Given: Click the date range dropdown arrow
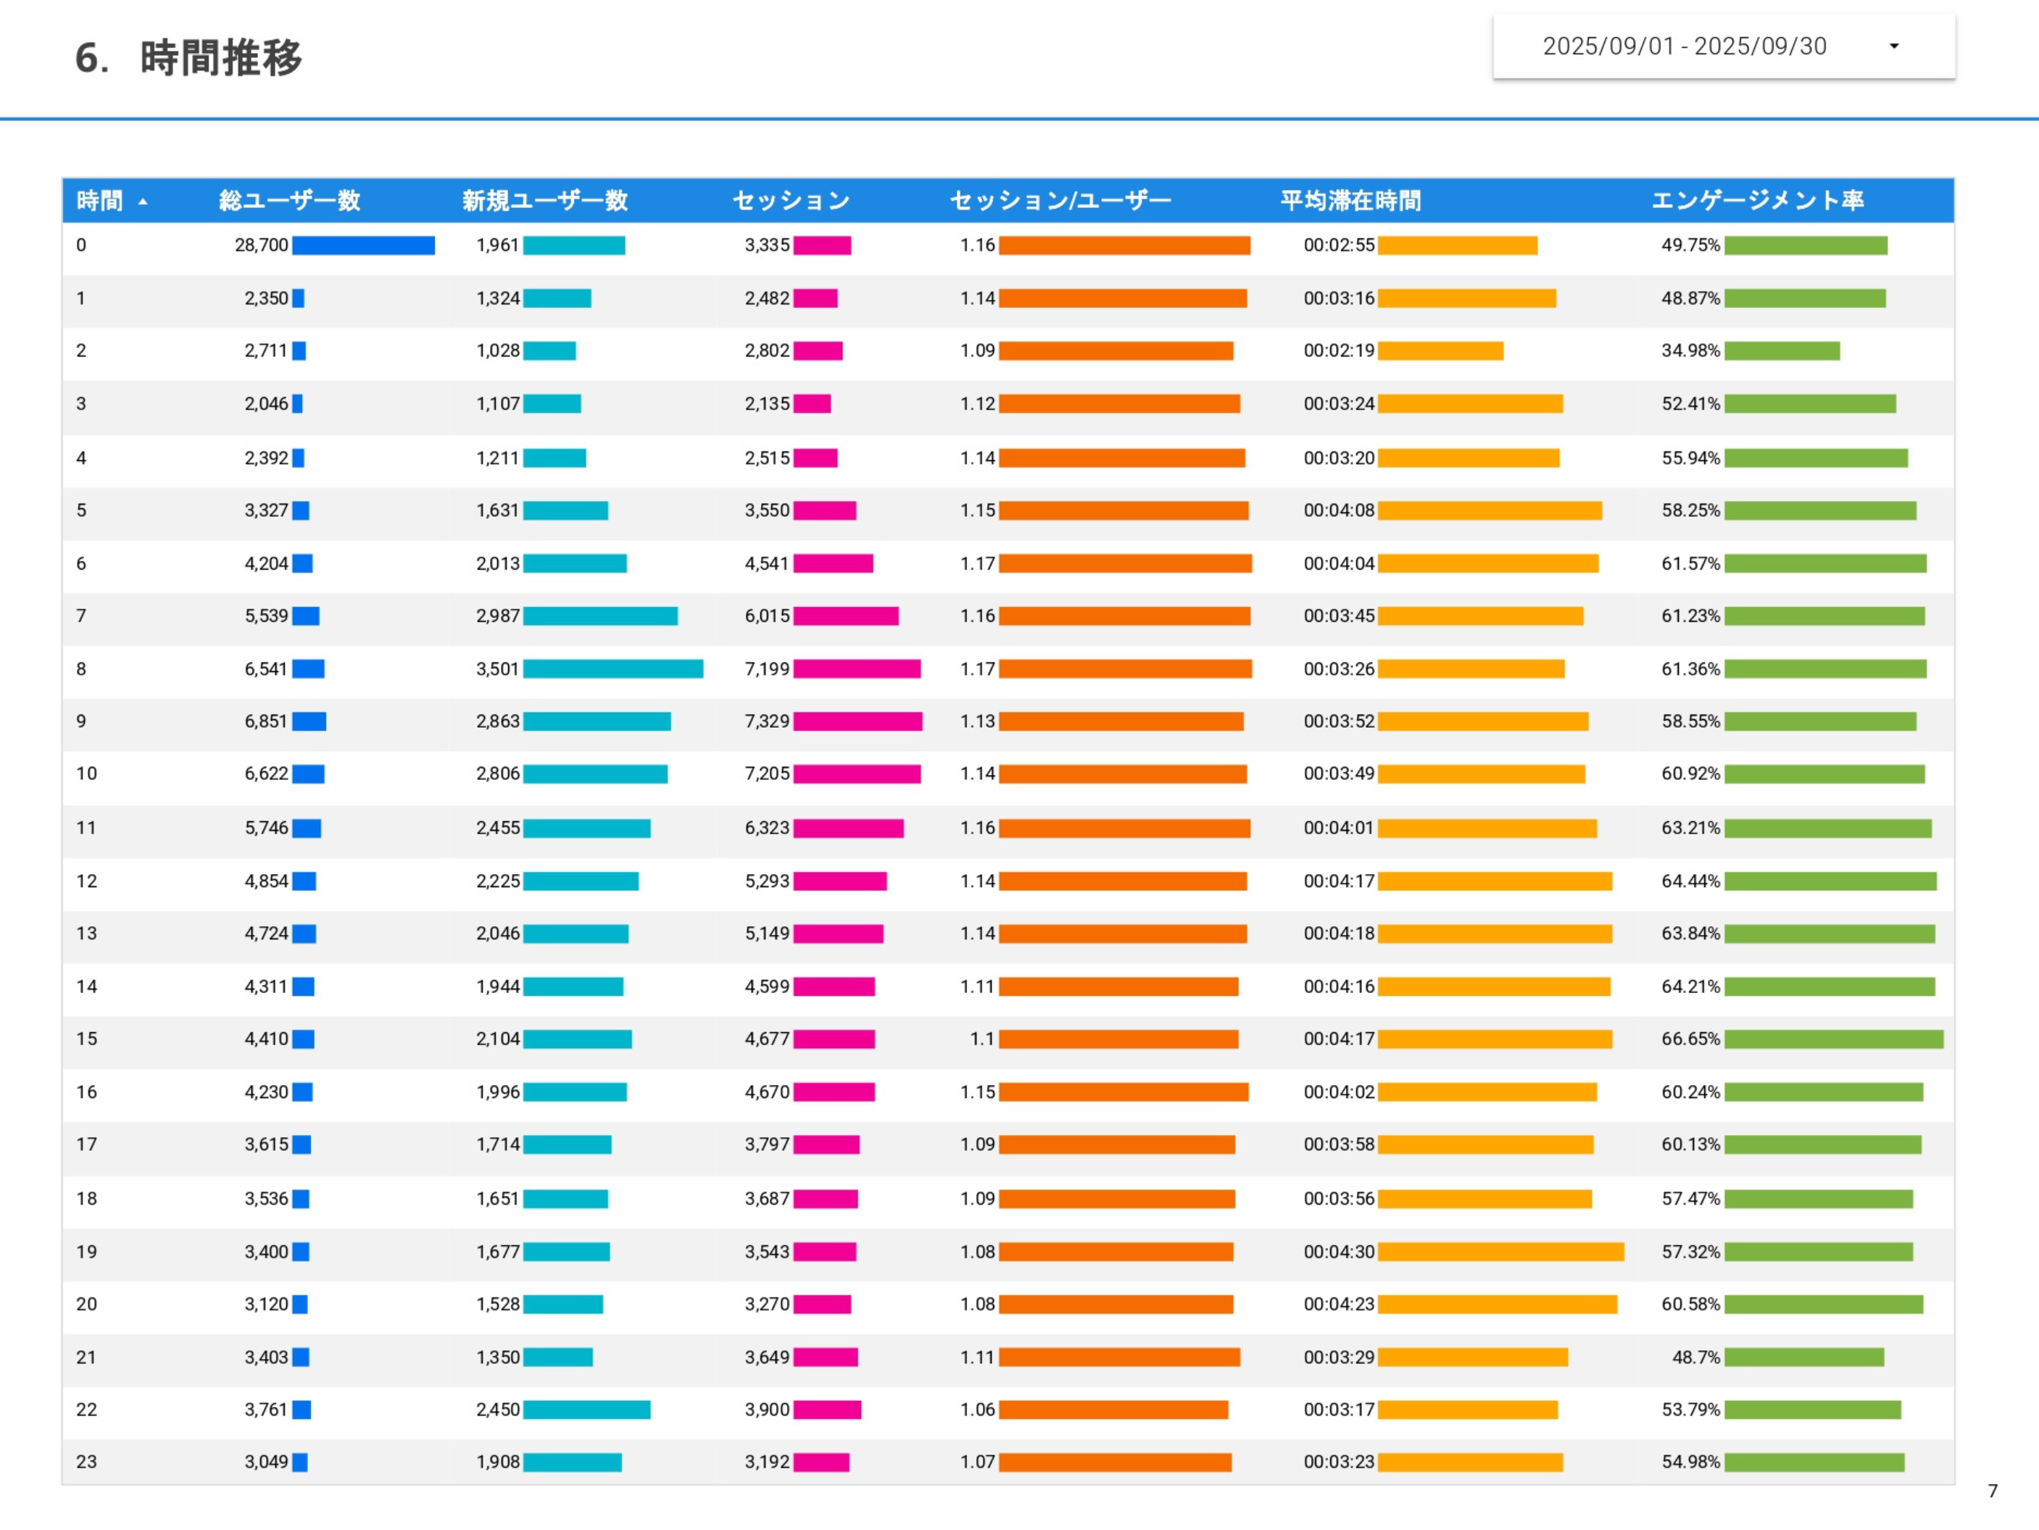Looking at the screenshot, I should (x=1893, y=46).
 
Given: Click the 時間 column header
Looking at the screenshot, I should (x=99, y=200).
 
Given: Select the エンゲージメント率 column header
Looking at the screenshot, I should (x=1757, y=200).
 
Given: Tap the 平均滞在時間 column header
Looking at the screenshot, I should (x=1350, y=200).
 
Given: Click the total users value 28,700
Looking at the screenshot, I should (x=262, y=245).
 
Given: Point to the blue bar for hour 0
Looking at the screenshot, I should (x=363, y=245).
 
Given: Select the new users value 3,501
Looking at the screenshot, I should (x=498, y=669).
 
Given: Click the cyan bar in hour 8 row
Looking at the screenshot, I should (x=613, y=669).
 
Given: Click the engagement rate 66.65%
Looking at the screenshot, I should (x=1690, y=1039).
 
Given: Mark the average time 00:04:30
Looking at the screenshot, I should (x=1339, y=1252).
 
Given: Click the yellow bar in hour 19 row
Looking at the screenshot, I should (x=1500, y=1252).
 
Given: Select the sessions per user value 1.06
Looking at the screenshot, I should (x=977, y=1409).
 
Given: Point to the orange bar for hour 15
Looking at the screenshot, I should (x=1118, y=1039).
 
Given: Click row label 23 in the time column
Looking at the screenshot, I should (x=87, y=1462).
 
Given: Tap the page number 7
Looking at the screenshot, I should (x=1993, y=1490).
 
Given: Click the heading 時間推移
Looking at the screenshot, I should (x=220, y=58).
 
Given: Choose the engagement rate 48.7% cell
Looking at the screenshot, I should (x=1696, y=1357).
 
